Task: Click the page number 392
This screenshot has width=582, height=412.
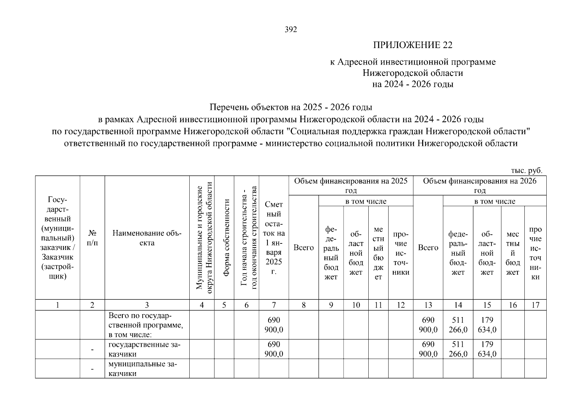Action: click(291, 30)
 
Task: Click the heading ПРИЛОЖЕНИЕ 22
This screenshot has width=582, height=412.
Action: click(413, 45)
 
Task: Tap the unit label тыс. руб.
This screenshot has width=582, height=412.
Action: click(526, 170)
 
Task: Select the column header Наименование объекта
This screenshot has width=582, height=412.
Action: click(147, 238)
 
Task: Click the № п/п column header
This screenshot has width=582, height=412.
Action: click(92, 238)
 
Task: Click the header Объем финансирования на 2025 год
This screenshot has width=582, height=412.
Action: click(351, 185)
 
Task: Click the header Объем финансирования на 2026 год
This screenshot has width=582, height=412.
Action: click(479, 185)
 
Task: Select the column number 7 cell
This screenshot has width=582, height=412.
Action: click(274, 305)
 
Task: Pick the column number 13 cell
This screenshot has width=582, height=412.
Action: click(428, 305)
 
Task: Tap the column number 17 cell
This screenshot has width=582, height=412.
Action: click(535, 305)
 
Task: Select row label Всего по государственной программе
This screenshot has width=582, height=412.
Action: click(146, 325)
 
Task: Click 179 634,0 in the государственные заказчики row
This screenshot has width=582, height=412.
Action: click(487, 349)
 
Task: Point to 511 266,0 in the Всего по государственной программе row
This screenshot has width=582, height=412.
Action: click(458, 325)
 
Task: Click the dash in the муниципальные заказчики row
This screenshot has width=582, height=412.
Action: click(92, 369)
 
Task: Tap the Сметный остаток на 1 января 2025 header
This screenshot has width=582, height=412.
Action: click(274, 238)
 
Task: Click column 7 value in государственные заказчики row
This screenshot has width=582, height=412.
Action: click(274, 349)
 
